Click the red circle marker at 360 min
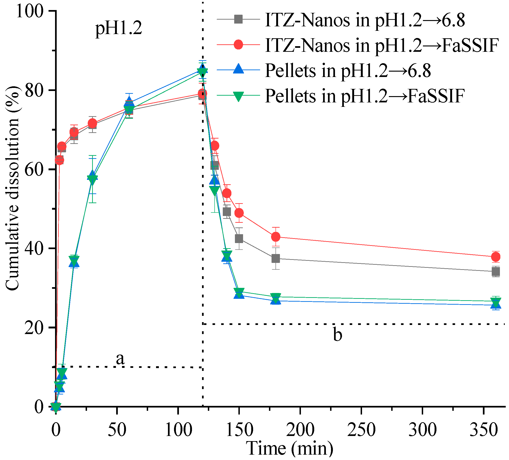pos(496,257)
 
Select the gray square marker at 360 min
pos(496,272)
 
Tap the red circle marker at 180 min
pos(276,237)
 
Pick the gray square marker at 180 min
pos(276,258)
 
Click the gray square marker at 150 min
pos(239,239)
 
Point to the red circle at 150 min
pos(239,213)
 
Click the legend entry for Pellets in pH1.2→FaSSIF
pos(365,96)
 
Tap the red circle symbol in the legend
pos(238,45)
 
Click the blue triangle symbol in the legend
pos(238,70)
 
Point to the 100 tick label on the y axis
pos(30,11)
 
